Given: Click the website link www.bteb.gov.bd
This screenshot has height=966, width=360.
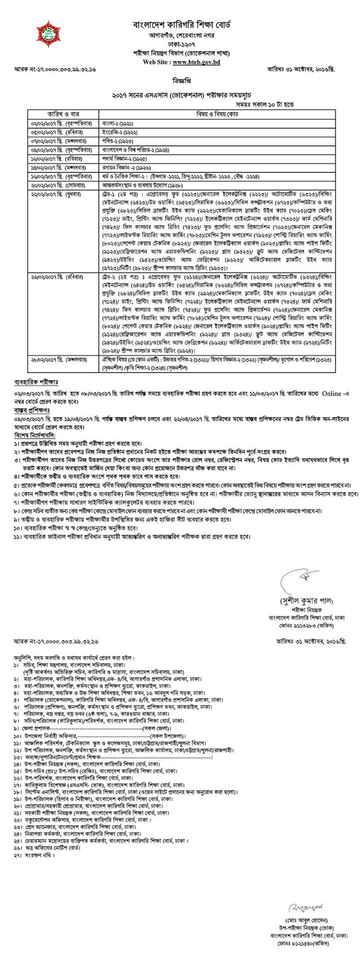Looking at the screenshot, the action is click(198, 62).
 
